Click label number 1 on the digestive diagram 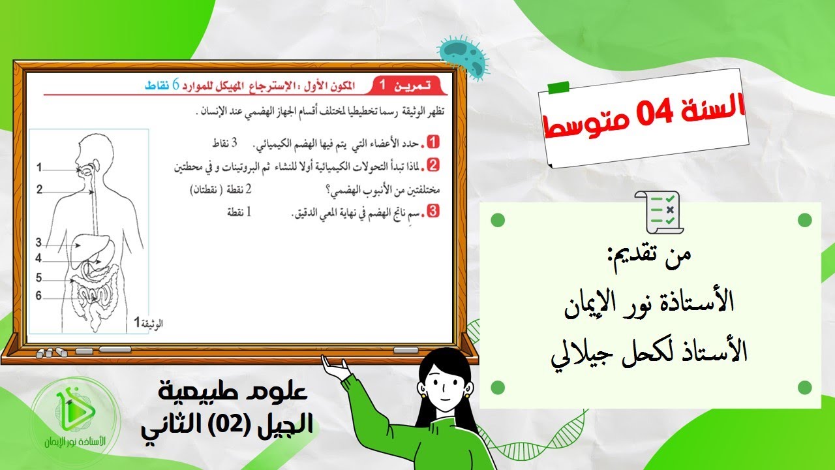(39, 168)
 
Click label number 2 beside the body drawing (39, 190)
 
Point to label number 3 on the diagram (39, 243)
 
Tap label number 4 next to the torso (39, 258)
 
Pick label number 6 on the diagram (39, 296)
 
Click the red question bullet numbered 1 (431, 142)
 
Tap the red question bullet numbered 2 (431, 165)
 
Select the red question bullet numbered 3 (431, 211)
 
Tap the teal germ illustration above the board (464, 56)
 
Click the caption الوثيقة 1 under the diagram (148, 322)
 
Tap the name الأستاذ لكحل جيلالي (649, 353)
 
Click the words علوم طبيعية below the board (230, 393)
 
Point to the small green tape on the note (558, 87)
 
